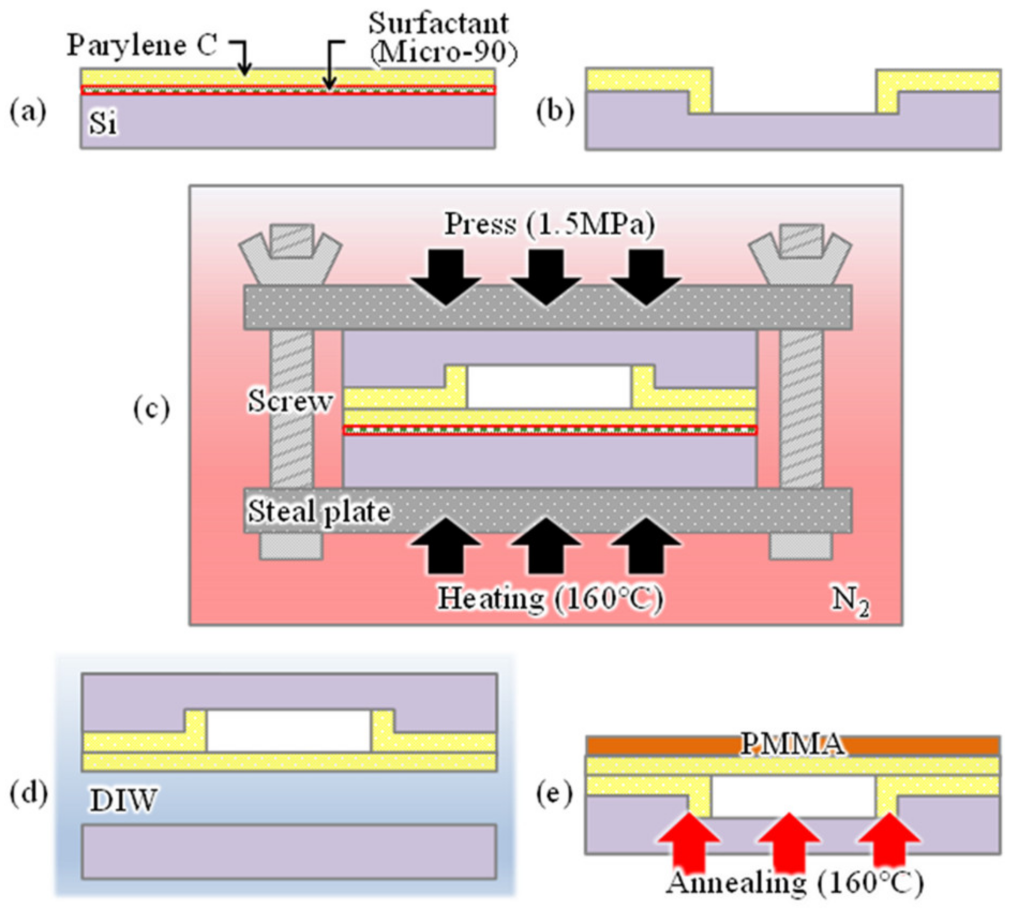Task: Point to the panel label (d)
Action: pyautogui.click(x=28, y=793)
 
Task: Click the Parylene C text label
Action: pyautogui.click(x=142, y=45)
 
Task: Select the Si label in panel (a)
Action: pyautogui.click(x=102, y=123)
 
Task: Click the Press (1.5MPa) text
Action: pyautogui.click(x=550, y=224)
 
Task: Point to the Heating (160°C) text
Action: pyautogui.click(x=550, y=598)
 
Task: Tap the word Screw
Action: pyautogui.click(x=290, y=401)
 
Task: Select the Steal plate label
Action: pyautogui.click(x=319, y=512)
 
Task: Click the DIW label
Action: pyautogui.click(x=123, y=801)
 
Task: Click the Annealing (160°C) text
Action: pyautogui.click(x=794, y=882)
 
